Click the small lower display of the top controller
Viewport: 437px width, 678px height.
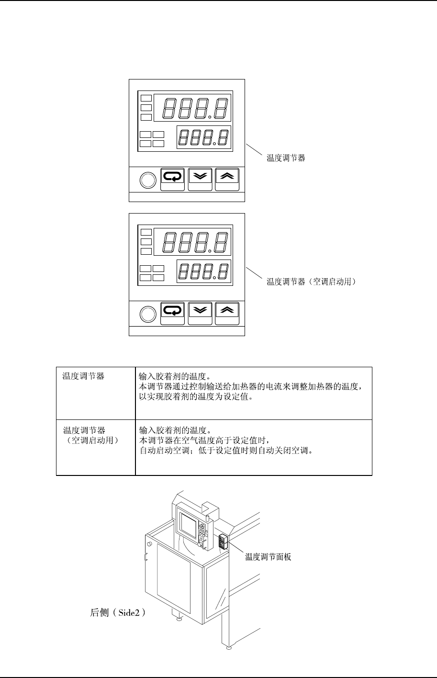(x=204, y=138)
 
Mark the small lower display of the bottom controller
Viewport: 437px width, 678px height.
(x=204, y=272)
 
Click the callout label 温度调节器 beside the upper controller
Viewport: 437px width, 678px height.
(x=286, y=158)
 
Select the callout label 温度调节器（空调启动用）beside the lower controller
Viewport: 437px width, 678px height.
(x=312, y=282)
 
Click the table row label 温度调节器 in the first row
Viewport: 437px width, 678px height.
(x=84, y=376)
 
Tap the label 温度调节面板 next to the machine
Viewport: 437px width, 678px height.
(x=268, y=556)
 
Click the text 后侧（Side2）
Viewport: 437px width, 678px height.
(x=118, y=612)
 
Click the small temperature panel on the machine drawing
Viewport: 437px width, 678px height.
(x=223, y=541)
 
